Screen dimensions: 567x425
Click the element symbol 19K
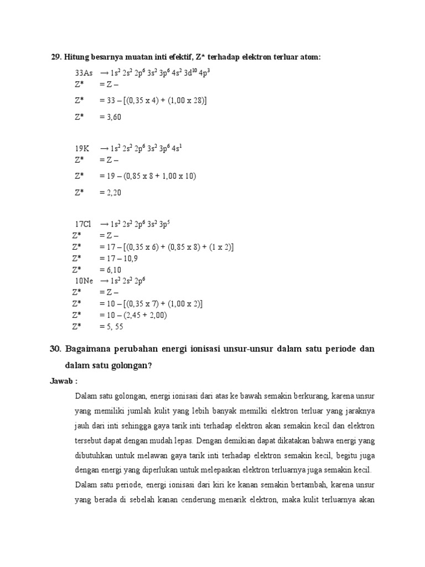82,149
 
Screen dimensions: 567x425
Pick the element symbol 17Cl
83,224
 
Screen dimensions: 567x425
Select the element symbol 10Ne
84,281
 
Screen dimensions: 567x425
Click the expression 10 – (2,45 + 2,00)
137,315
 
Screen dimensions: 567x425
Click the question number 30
55,349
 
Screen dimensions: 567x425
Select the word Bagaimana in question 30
89,349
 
